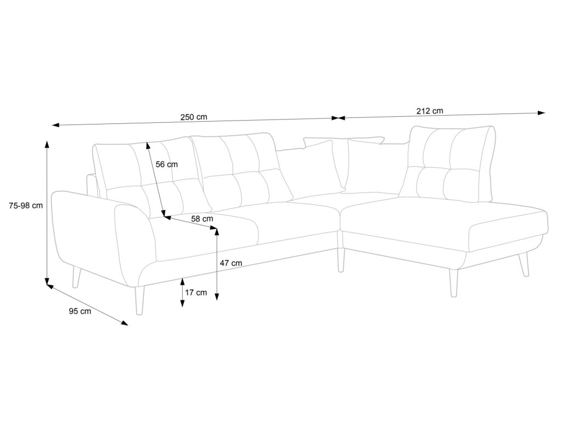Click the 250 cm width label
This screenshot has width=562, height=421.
[194, 117]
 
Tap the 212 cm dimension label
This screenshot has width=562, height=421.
[430, 111]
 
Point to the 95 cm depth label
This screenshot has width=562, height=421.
[80, 311]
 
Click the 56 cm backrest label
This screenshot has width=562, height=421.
[167, 164]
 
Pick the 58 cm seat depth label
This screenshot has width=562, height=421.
[202, 218]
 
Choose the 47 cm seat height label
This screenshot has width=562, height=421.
[231, 263]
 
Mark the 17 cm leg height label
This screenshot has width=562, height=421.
[196, 292]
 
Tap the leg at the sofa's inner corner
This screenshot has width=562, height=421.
[341, 260]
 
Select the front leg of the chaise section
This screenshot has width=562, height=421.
[453, 283]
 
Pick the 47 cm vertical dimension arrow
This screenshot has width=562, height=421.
[217, 264]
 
